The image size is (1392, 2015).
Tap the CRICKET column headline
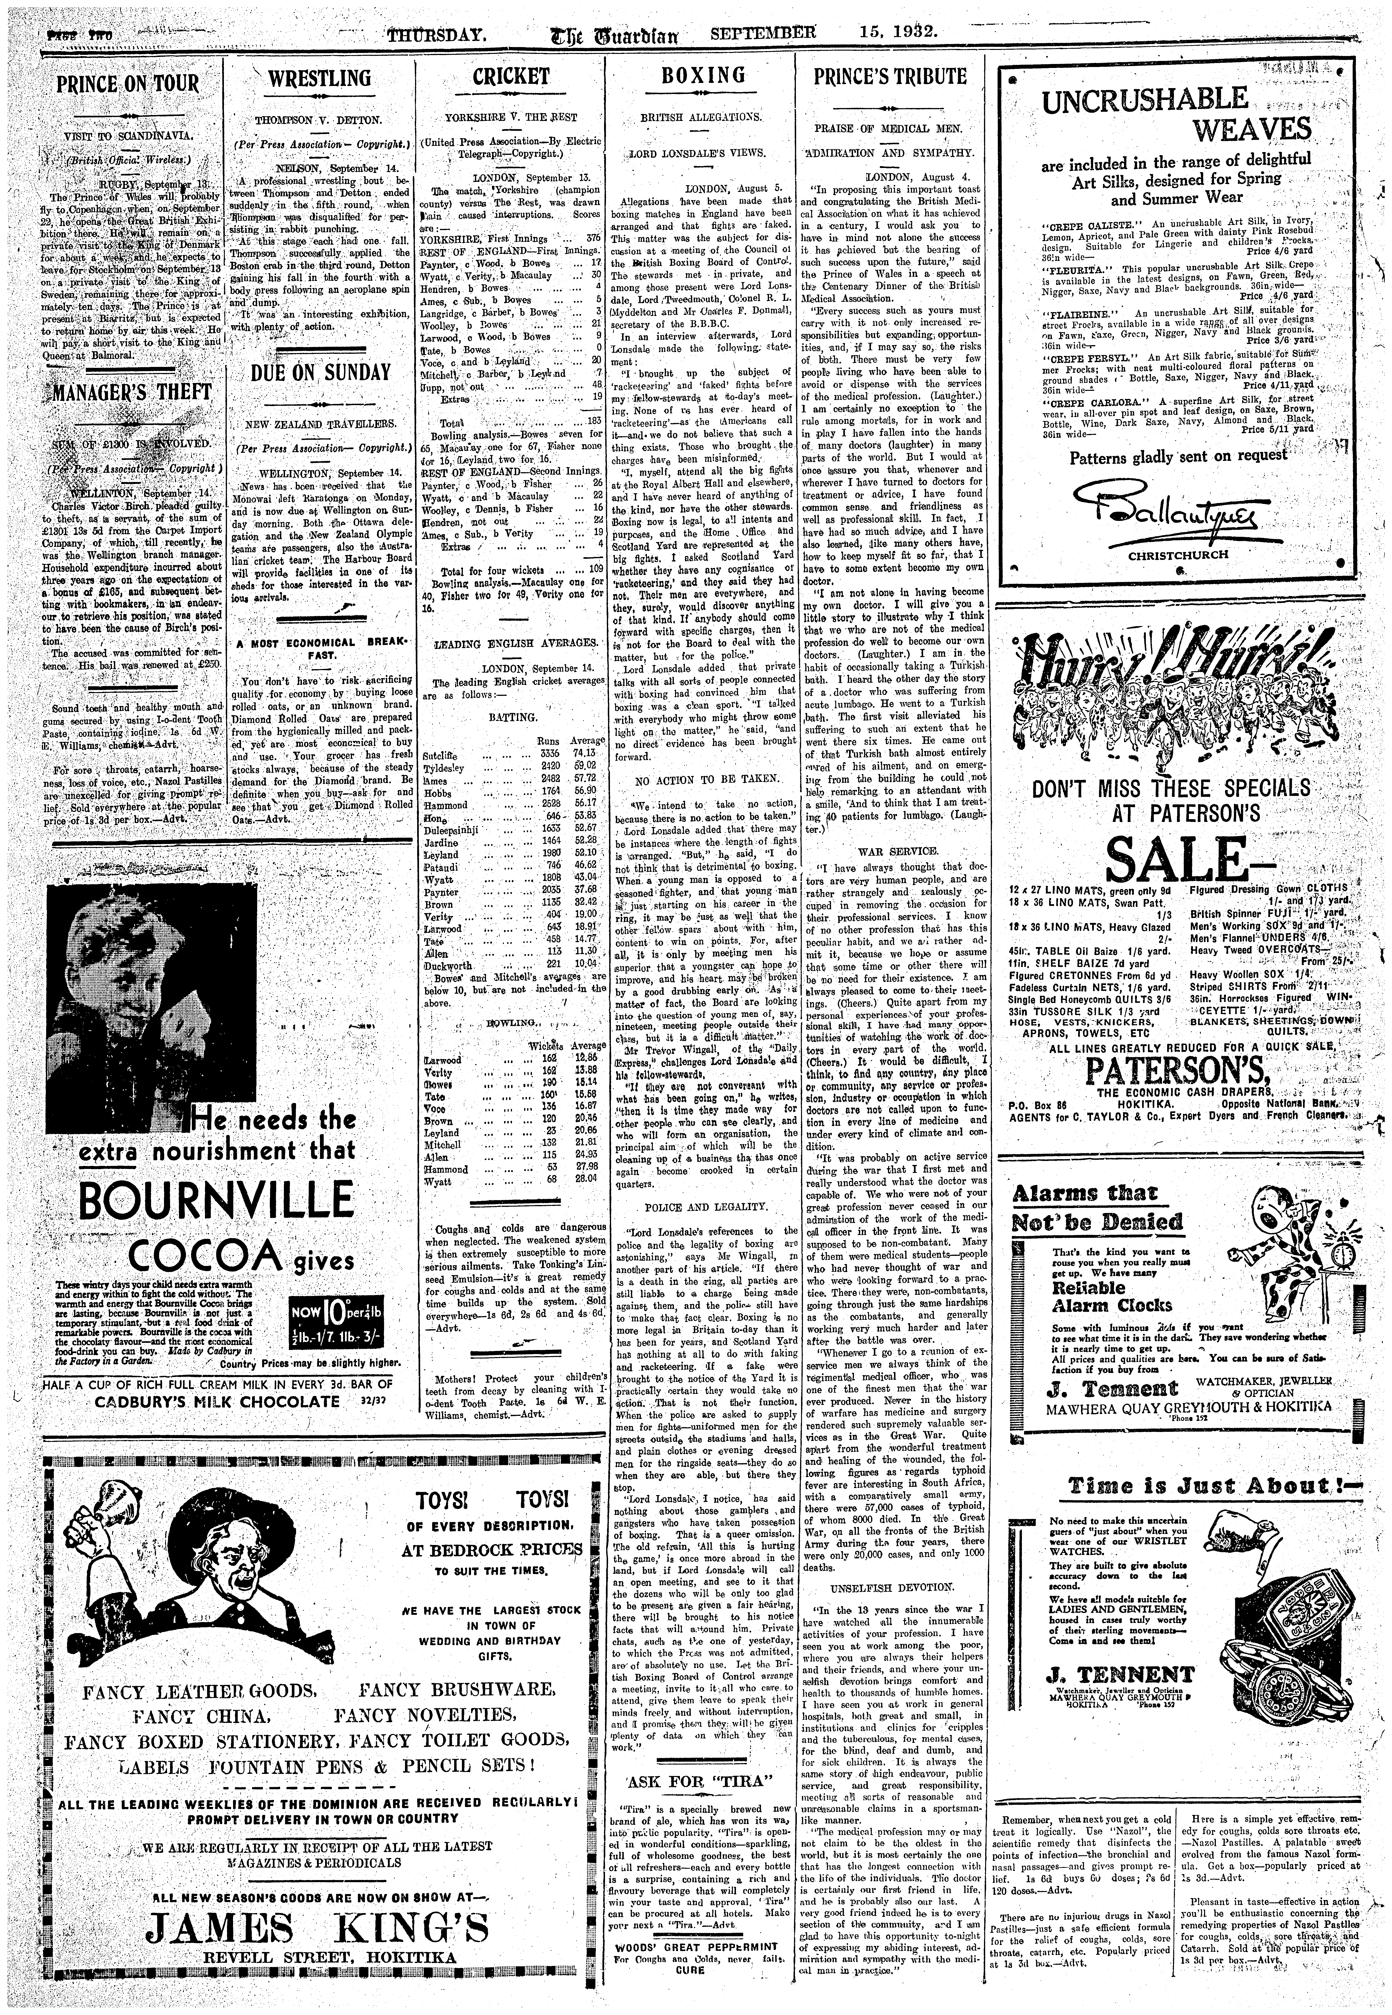point(510,77)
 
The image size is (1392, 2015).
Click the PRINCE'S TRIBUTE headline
point(890,77)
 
